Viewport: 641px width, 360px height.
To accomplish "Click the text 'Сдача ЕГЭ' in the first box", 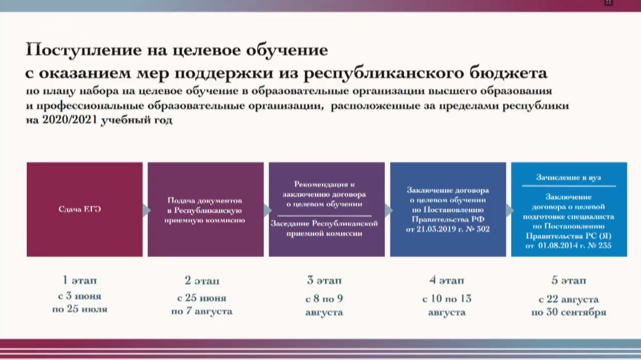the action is (80, 209).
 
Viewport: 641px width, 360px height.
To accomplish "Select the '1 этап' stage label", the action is (80, 280).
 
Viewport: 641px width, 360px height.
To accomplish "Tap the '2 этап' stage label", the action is (202, 281).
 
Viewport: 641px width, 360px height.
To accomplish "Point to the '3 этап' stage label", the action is (324, 281).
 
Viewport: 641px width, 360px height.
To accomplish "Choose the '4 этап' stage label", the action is (447, 281).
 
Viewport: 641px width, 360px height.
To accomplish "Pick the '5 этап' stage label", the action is (569, 281).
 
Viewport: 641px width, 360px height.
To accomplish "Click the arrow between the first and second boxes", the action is (146, 211).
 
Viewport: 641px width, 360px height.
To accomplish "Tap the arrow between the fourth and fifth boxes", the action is (509, 211).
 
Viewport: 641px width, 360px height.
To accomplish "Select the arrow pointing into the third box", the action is (267, 211).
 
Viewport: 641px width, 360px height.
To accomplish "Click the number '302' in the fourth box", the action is (483, 229).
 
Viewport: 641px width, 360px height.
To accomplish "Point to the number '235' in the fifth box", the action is (604, 246).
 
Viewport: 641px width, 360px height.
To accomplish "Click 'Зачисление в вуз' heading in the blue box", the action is (569, 178).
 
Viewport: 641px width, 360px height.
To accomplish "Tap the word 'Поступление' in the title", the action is (83, 50).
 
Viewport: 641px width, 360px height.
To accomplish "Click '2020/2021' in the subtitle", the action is (70, 119).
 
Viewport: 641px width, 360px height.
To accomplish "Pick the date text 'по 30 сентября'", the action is (569, 312).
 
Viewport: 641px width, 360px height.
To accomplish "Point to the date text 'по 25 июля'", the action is (80, 309).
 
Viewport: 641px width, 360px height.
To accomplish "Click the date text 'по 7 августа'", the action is (202, 311).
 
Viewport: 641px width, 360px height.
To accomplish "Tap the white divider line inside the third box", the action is (325, 216).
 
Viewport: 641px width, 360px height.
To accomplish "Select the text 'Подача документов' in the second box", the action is (205, 201).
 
